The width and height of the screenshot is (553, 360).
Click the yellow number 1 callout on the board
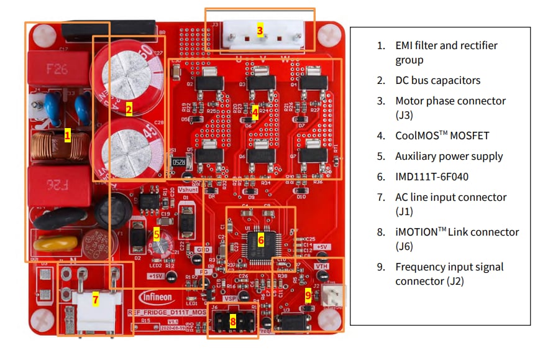67,135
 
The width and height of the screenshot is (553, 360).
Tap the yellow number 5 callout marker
157,234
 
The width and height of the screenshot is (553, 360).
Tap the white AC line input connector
95,304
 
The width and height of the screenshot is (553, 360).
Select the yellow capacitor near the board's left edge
55,242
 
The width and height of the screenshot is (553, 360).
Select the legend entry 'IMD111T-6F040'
432,177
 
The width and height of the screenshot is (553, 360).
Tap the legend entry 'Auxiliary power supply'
449,156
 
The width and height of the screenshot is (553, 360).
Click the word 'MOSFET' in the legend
470,135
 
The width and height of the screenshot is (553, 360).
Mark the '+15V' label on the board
155,275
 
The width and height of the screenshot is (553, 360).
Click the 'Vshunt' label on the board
188,190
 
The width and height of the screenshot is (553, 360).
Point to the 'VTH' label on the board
321,266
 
